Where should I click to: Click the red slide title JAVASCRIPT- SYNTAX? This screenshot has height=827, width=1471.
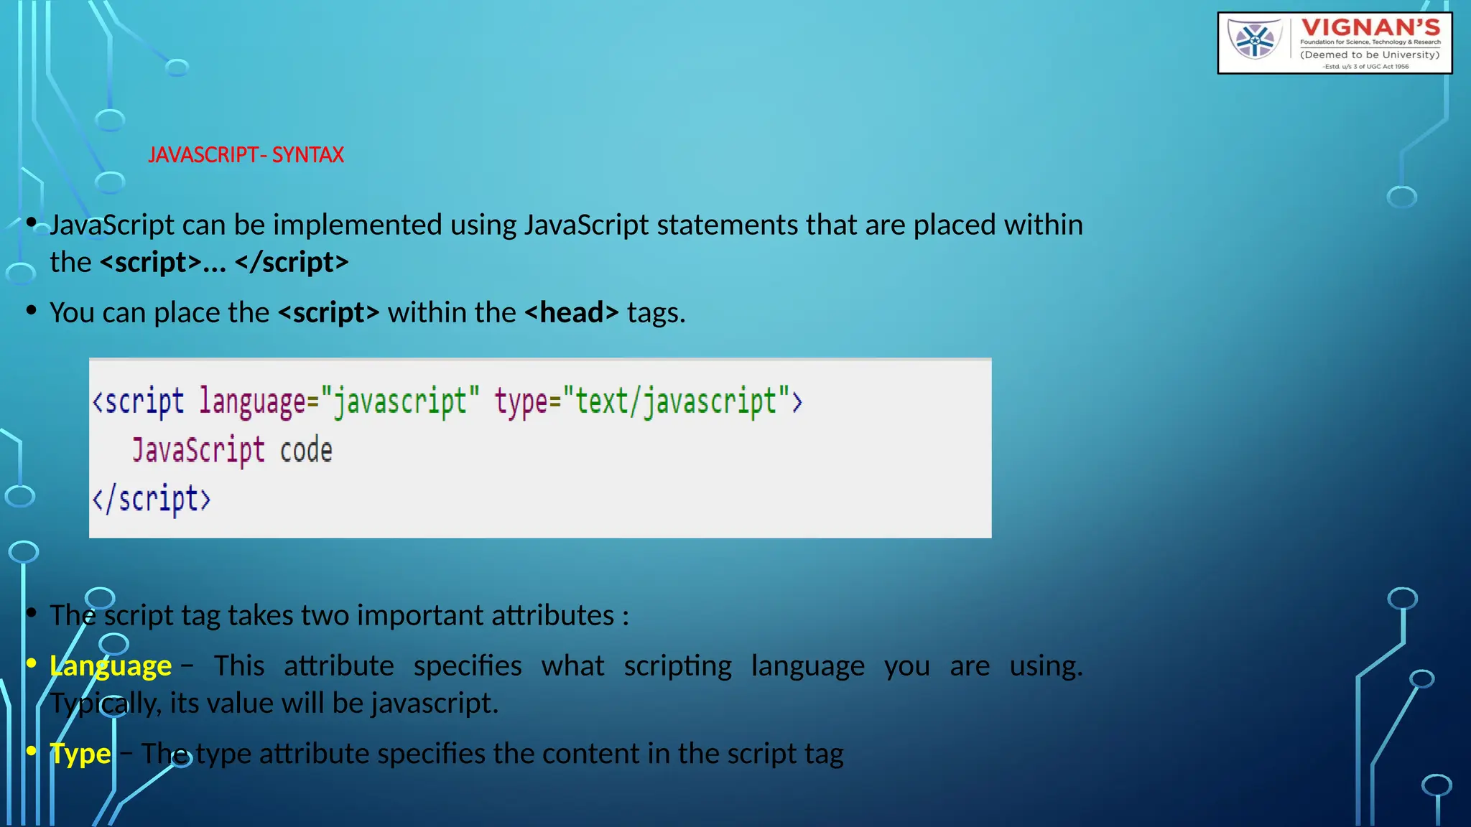[246, 155]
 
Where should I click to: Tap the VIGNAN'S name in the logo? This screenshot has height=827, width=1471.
[1370, 28]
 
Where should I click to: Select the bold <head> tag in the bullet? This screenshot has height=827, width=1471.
[571, 313]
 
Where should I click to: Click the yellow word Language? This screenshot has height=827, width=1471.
[111, 666]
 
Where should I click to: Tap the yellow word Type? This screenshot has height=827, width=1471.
[80, 754]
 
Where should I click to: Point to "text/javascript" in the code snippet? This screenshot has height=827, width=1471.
[676, 401]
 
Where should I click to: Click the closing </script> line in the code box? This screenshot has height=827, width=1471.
[152, 499]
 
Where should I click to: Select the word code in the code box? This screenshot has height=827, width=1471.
[306, 451]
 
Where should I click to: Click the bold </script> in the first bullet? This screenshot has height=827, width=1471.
[292, 263]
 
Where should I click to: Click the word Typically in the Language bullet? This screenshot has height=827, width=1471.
[105, 704]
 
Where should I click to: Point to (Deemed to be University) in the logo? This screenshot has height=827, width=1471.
[1370, 55]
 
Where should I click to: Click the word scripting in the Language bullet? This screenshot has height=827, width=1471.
[677, 666]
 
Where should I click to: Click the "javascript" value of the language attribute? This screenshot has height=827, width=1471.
[400, 401]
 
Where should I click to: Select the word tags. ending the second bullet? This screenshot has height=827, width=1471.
[656, 313]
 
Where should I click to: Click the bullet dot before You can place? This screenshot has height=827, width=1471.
[31, 310]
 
